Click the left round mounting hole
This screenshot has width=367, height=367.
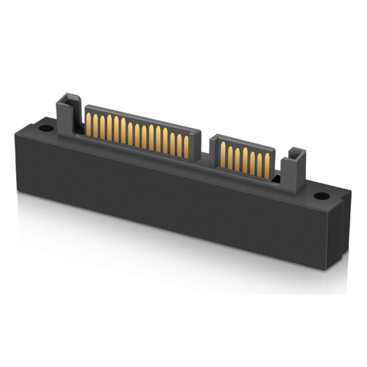(x=46, y=128)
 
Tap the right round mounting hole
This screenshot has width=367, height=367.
(x=321, y=196)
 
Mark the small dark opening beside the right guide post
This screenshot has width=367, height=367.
(x=277, y=179)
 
